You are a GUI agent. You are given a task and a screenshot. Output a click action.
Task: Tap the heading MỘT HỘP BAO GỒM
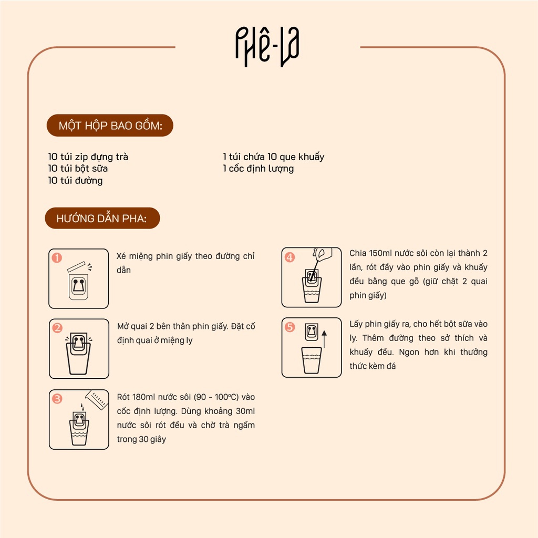click(110, 126)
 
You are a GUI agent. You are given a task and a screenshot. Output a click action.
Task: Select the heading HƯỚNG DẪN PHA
click(101, 218)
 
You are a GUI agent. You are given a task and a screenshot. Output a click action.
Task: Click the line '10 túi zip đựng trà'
click(88, 157)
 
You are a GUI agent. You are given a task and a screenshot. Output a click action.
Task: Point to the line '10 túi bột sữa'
click(78, 169)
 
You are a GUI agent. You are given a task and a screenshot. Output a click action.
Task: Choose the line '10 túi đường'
click(75, 181)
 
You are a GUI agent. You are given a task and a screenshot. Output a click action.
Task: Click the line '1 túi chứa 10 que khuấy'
click(274, 157)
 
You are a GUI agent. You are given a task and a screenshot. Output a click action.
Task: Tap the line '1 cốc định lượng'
click(258, 169)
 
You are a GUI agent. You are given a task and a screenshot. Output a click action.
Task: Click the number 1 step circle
click(57, 257)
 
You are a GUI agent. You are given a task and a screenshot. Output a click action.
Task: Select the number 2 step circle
click(57, 328)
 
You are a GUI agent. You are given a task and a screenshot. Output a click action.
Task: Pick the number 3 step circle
click(57, 399)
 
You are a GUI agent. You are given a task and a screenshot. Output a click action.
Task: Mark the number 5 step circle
click(290, 327)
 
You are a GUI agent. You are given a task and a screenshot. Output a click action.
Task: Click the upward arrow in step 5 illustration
click(324, 339)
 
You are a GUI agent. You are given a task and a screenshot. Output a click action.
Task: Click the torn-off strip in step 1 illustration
click(78, 266)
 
